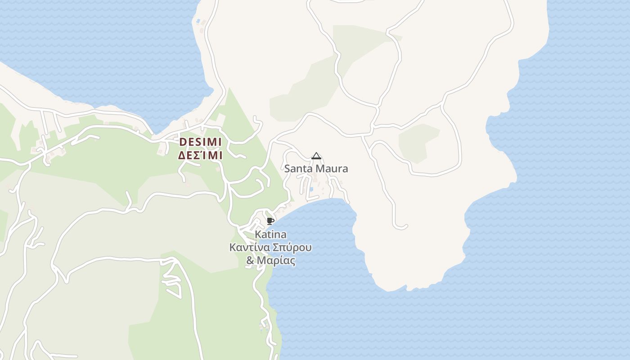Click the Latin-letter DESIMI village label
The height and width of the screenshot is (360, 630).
201,142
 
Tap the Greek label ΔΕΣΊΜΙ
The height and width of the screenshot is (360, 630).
201,156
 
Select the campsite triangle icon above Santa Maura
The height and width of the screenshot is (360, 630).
316,156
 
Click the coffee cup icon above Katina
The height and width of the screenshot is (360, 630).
270,220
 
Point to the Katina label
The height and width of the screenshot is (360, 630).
270,234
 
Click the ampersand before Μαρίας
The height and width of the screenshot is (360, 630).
250,261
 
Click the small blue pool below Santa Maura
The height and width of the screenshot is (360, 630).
311,189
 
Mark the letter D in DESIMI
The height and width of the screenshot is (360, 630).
183,142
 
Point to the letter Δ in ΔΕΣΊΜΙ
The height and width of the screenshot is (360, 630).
182,156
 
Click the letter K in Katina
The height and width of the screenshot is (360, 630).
258,234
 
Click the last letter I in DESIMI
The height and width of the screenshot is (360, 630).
220,142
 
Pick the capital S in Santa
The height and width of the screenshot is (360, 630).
287,169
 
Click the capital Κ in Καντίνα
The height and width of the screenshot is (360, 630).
233,247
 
